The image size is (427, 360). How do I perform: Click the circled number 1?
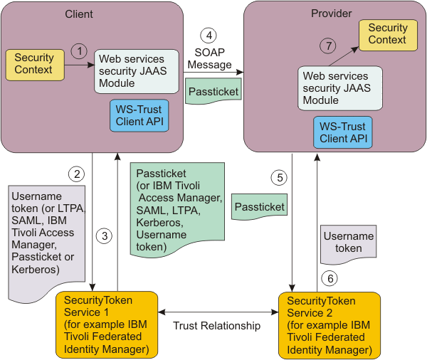click(79, 51)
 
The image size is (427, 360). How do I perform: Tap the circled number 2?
click(77, 174)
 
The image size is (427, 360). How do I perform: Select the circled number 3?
click(104, 235)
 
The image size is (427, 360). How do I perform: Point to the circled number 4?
click(209, 36)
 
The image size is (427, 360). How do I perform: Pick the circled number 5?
click(279, 178)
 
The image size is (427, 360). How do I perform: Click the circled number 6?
click(330, 278)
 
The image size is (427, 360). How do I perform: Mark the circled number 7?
click(328, 46)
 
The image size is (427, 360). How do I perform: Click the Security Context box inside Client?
click(35, 65)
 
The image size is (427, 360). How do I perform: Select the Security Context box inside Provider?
click(389, 35)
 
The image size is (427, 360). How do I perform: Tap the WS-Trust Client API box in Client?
click(139, 115)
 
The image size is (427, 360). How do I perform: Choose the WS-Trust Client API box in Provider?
click(343, 132)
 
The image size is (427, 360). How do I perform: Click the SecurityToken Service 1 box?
click(107, 324)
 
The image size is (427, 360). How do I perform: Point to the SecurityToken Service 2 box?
click(330, 325)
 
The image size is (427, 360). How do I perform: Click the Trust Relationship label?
click(217, 326)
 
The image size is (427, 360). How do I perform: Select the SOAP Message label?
click(209, 58)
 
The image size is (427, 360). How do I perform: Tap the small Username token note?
click(349, 244)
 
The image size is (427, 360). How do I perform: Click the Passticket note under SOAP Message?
click(213, 91)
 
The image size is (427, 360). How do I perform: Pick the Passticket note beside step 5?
click(259, 207)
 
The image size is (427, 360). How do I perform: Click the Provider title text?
click(332, 14)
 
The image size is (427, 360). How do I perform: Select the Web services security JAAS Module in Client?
click(137, 71)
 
